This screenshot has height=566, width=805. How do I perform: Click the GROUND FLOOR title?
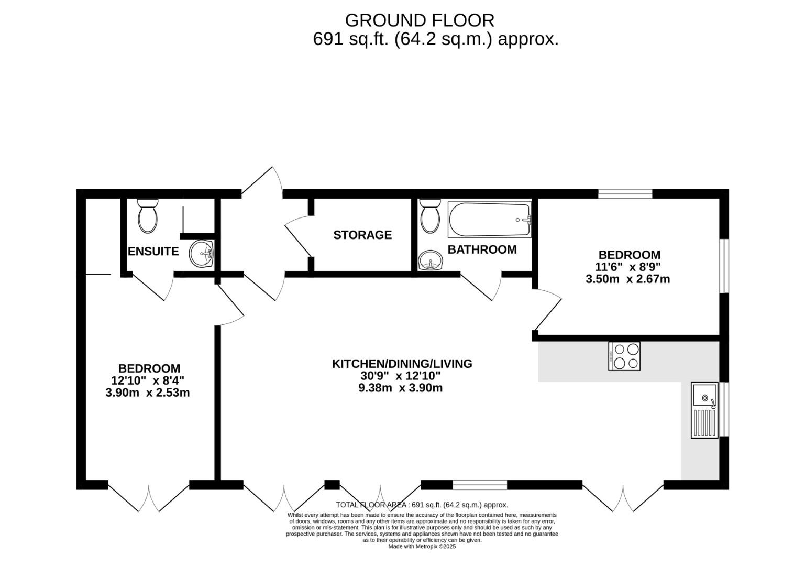coord(419,20)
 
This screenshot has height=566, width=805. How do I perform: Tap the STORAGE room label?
coord(362,235)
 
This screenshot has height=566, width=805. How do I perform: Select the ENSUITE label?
coord(153,251)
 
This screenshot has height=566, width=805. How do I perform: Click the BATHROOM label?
coord(482,249)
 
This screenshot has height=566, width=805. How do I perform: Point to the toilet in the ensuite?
coord(147,216)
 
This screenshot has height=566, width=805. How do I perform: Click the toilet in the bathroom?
coord(431,216)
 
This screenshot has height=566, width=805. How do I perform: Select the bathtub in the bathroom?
coord(489,220)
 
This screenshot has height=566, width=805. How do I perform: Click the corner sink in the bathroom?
coord(431,259)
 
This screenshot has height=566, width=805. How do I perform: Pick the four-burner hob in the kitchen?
coord(624,356)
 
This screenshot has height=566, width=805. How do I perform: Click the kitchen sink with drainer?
coord(704,410)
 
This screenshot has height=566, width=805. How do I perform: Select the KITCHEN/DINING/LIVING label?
coord(402,363)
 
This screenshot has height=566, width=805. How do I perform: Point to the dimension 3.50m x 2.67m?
coord(627,279)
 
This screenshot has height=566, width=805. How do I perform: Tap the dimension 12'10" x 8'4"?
coord(148,380)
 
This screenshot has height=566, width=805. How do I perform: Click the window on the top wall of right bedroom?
coord(625,194)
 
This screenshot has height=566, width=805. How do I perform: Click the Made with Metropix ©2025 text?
coord(422,546)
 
